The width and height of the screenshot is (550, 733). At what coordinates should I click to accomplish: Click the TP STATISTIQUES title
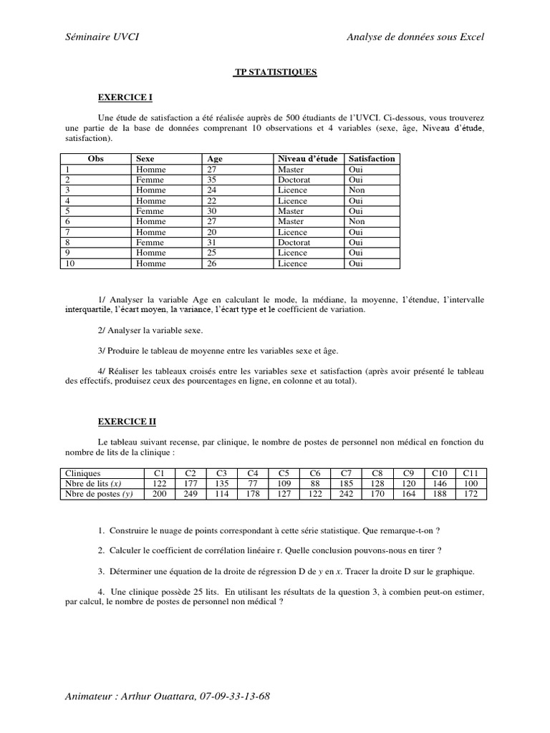click(276, 73)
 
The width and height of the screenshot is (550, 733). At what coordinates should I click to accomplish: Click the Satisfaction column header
click(372, 159)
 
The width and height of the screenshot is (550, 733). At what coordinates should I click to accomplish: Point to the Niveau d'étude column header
click(307, 159)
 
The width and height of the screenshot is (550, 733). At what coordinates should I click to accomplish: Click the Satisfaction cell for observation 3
click(357, 190)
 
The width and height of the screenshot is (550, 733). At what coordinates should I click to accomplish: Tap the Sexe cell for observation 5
click(149, 211)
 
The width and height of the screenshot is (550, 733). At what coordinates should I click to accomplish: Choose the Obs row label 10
click(70, 264)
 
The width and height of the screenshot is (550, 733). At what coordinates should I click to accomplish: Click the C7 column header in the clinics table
click(346, 474)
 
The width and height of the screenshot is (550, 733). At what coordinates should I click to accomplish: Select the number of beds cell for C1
click(159, 484)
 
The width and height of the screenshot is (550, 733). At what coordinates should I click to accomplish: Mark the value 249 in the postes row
click(190, 495)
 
